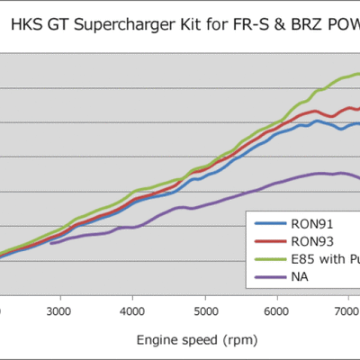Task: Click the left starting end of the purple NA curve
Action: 50,243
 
